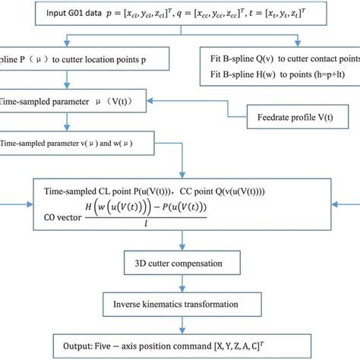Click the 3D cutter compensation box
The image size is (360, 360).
pyautogui.click(x=180, y=264)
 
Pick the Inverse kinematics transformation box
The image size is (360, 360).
pyautogui.click(x=180, y=305)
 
